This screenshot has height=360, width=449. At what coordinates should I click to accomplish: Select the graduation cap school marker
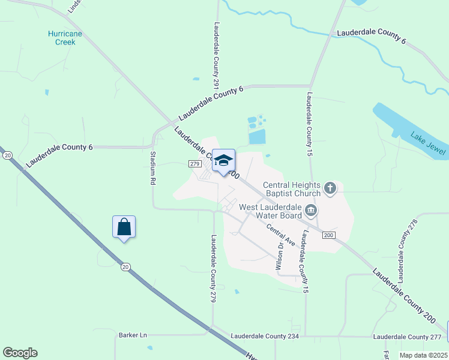(224, 161)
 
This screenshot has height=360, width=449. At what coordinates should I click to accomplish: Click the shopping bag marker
(124, 227)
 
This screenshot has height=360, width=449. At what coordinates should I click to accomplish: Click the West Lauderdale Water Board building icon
(311, 210)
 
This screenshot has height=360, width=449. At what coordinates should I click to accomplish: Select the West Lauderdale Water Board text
(270, 211)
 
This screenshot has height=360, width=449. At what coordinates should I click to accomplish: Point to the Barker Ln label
(133, 335)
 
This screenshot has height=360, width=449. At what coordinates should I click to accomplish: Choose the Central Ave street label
(281, 235)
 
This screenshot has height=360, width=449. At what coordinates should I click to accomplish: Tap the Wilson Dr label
(280, 254)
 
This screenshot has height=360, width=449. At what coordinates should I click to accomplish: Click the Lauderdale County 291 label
(216, 56)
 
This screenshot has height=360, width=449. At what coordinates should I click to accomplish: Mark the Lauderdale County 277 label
(407, 337)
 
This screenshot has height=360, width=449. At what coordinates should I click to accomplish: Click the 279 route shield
(194, 164)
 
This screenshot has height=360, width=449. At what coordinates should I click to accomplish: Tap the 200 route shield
(328, 235)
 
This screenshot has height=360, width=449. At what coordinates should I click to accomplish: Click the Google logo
(20, 353)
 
